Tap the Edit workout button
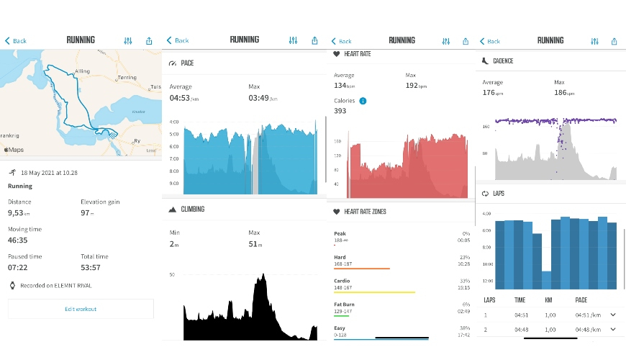click(81, 309)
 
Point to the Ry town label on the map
click(138, 140)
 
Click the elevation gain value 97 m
click(88, 213)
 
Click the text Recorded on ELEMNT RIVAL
click(56, 285)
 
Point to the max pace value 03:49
click(261, 98)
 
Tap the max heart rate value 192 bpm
click(414, 86)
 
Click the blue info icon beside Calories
click(363, 101)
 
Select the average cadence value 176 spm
click(491, 93)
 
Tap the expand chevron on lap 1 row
click(612, 315)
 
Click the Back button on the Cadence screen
click(489, 41)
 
